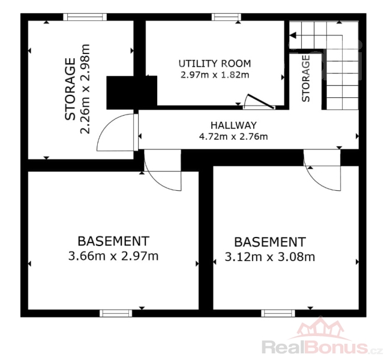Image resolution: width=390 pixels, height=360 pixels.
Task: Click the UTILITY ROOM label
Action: [x=215, y=64]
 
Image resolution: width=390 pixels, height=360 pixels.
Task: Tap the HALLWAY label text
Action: [x=233, y=125]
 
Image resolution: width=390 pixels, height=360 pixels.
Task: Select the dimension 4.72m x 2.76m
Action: [x=233, y=137]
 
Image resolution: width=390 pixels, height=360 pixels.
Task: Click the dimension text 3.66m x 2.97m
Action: [x=113, y=256]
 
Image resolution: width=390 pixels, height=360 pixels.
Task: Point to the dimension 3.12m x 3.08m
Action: [x=270, y=257]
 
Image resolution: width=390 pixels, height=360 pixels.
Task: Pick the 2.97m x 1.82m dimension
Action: [x=215, y=74]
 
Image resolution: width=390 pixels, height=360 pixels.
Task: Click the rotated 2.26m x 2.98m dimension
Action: [x=85, y=89]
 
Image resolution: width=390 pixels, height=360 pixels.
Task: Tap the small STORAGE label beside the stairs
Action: [x=305, y=79]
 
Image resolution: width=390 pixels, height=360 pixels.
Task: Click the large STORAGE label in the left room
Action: [x=70, y=89]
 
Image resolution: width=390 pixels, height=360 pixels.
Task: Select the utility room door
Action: [x=260, y=101]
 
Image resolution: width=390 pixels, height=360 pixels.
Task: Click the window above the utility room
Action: [x=226, y=17]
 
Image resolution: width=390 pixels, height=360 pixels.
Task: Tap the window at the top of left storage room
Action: [x=85, y=17]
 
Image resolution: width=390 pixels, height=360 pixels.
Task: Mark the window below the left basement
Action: [x=116, y=313]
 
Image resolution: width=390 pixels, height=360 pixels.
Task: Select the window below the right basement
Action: [x=278, y=313]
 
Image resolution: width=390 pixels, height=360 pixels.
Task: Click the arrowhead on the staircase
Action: [x=293, y=35]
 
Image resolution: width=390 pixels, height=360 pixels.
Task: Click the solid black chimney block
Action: [x=131, y=92]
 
